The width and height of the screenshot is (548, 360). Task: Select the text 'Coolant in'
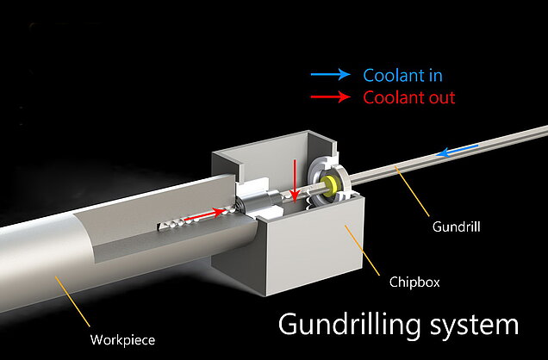pyautogui.click(x=402, y=76)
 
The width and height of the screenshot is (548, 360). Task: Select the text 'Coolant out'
pyautogui.click(x=408, y=97)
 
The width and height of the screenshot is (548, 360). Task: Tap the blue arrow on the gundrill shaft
pyautogui.click(x=452, y=153)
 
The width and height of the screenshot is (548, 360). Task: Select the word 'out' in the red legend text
pyautogui.click(x=439, y=97)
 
